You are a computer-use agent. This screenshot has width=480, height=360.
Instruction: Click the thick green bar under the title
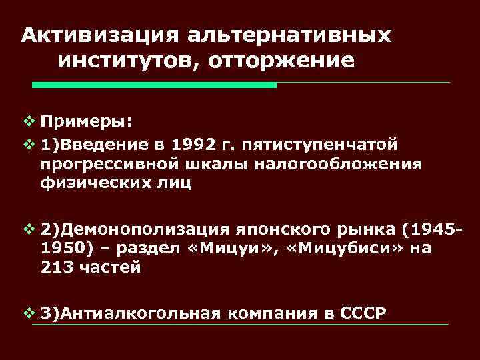(155, 85)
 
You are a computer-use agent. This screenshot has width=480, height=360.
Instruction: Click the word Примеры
(85, 123)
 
